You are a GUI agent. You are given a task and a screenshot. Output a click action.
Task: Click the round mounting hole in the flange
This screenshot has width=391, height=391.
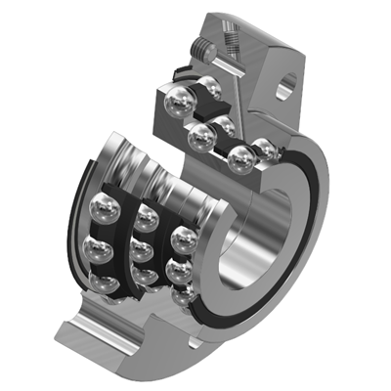click(284, 90)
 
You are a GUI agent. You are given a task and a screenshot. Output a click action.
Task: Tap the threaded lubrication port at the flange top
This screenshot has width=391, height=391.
click(234, 36)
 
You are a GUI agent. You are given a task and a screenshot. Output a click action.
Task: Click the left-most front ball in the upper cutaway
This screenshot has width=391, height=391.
click(178, 100)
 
